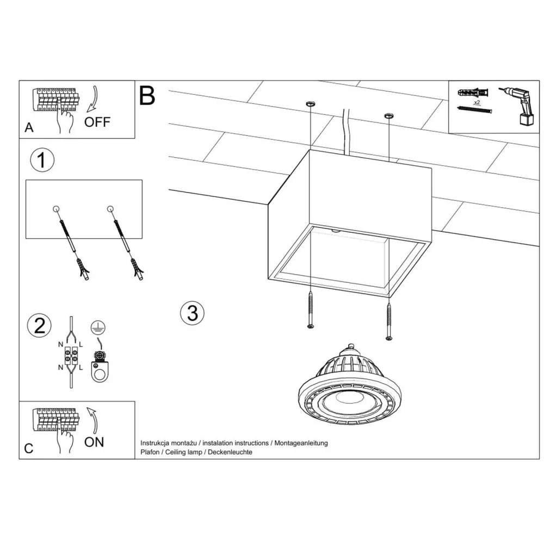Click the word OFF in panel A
[97, 122]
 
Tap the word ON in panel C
[94, 442]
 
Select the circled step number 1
[42, 160]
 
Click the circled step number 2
[40, 325]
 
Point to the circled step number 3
[192, 313]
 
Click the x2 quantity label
[477, 102]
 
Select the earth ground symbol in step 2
[98, 327]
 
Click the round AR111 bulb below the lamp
[350, 385]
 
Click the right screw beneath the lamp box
[389, 321]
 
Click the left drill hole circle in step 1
[56, 209]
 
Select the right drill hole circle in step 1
[110, 209]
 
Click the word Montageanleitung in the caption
[301, 443]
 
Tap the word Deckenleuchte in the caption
[230, 452]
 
